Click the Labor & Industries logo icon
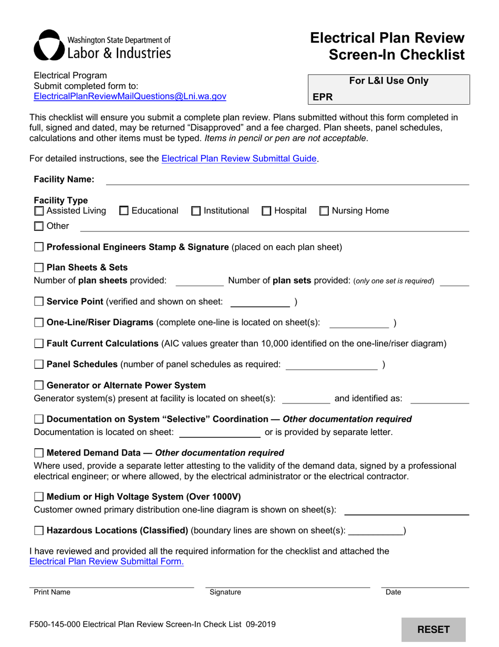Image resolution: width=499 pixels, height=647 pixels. (49, 45)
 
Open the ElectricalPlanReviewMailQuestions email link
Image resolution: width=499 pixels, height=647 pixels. (130, 96)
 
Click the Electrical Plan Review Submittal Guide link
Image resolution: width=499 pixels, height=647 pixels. (239, 158)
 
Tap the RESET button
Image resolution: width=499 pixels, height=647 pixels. (433, 629)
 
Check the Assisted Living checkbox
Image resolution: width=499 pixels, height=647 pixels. (39, 211)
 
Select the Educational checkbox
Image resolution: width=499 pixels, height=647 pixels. (124, 211)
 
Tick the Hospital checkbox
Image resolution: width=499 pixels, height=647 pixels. (266, 211)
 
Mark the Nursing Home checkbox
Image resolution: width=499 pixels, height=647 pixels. (324, 211)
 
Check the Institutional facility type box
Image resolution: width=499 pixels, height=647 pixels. (196, 211)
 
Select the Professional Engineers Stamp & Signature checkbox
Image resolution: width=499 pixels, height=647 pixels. (39, 247)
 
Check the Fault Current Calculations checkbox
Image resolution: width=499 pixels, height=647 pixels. (39, 343)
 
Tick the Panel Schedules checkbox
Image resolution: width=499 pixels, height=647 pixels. (39, 365)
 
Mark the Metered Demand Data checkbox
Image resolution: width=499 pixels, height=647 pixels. (39, 453)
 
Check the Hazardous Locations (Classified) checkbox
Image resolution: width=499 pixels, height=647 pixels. (39, 531)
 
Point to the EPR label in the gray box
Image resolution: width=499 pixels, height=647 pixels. (323, 97)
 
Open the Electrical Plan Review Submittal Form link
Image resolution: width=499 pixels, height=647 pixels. (107, 561)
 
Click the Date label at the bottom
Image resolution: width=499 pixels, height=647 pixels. (393, 592)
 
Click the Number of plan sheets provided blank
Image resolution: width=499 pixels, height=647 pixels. (199, 281)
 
